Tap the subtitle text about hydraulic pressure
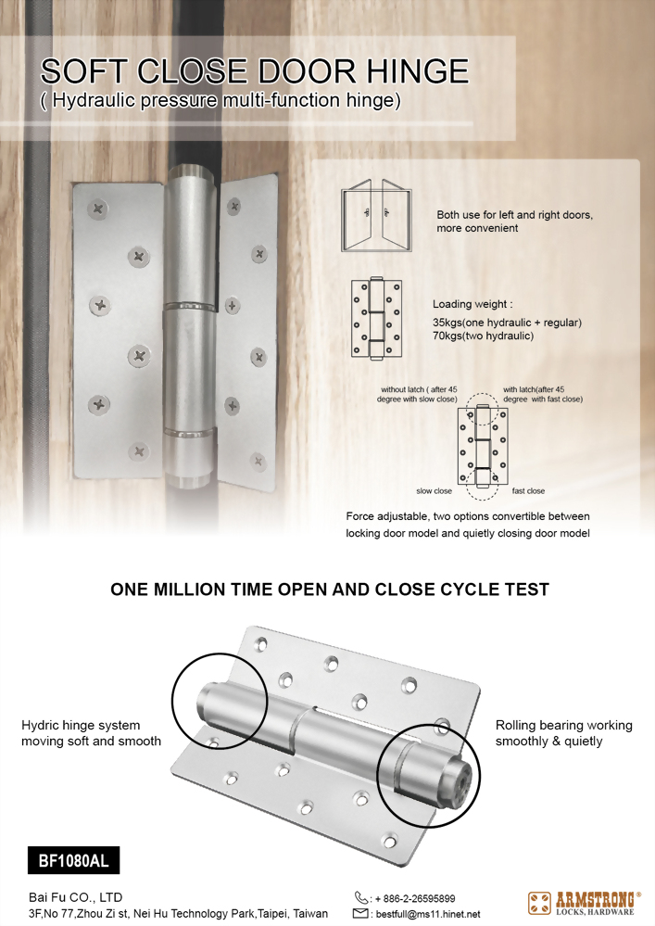(x=221, y=101)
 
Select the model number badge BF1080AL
(x=73, y=861)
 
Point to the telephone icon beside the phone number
(x=361, y=897)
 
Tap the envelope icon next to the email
(x=361, y=914)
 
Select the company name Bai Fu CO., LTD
(x=76, y=897)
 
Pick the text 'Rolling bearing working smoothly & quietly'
(x=563, y=732)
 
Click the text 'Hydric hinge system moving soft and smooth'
(x=91, y=732)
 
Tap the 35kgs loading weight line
(x=507, y=323)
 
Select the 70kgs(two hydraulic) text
(x=483, y=336)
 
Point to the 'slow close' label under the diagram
(x=434, y=491)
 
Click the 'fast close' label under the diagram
(x=528, y=491)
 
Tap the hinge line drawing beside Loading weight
(x=375, y=318)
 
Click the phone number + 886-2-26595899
(x=414, y=898)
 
